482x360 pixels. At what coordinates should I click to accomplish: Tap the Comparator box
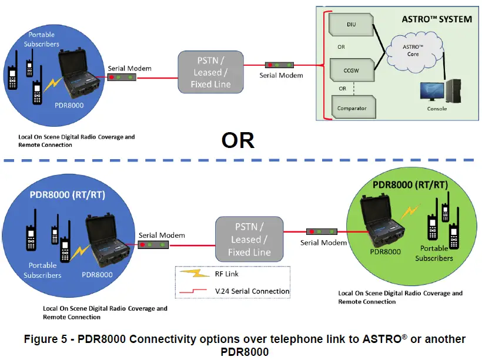click(351, 108)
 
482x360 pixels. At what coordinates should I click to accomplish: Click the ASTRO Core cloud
click(413, 49)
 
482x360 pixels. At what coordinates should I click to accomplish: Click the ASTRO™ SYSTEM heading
click(436, 19)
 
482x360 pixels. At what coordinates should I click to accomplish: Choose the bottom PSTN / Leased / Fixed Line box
click(249, 240)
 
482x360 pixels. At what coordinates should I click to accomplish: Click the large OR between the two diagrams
click(237, 140)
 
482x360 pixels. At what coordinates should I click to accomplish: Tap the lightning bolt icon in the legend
click(189, 274)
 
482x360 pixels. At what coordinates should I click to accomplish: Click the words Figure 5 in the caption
click(48, 339)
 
